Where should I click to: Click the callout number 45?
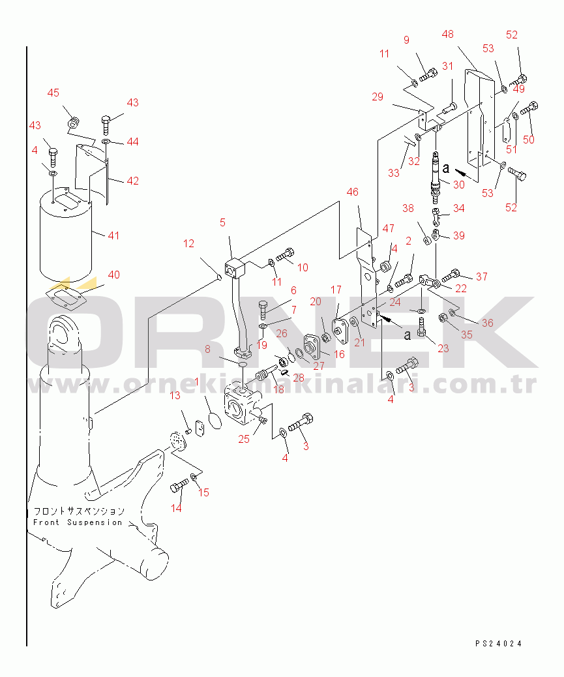pyautogui.click(x=53, y=93)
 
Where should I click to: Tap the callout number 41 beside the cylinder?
pyautogui.click(x=113, y=235)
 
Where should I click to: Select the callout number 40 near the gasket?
pyautogui.click(x=113, y=275)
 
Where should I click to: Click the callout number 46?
pyautogui.click(x=352, y=192)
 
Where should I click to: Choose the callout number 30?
pyautogui.click(x=458, y=185)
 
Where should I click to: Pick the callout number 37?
pyautogui.click(x=481, y=277)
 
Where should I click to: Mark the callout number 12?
pyautogui.click(x=188, y=244)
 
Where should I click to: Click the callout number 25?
pyautogui.click(x=243, y=439)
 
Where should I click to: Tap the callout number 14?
pyautogui.click(x=176, y=508)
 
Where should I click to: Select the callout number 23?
pyautogui.click(x=443, y=348)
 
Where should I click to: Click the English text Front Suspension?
pyautogui.click(x=78, y=522)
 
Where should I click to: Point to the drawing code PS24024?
pyautogui.click(x=498, y=644)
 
